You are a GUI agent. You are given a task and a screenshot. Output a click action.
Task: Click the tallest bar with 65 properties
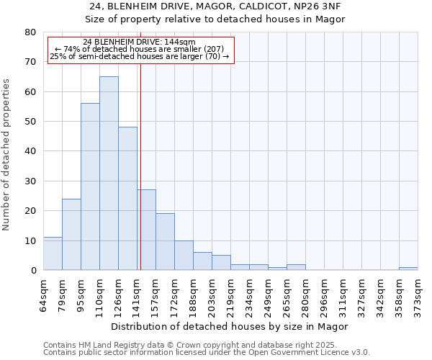click(x=109, y=174)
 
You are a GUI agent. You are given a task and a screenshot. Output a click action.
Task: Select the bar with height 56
click(x=90, y=186)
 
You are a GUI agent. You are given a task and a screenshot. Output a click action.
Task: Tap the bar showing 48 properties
click(x=127, y=199)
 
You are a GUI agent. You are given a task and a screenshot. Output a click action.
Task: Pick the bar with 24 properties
click(x=71, y=234)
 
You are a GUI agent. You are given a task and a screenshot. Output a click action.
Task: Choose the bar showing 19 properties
click(x=165, y=242)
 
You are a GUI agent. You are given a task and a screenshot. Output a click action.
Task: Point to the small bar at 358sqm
click(x=408, y=269)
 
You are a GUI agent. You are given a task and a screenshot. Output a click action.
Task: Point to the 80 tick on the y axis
click(x=30, y=32)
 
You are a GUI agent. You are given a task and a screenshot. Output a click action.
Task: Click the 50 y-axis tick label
click(x=30, y=122)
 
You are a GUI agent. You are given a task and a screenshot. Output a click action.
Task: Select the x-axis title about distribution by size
click(x=230, y=326)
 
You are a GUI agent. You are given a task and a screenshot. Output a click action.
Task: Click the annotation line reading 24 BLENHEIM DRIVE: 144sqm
click(x=139, y=42)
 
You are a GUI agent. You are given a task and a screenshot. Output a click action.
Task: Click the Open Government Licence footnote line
click(x=206, y=353)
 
